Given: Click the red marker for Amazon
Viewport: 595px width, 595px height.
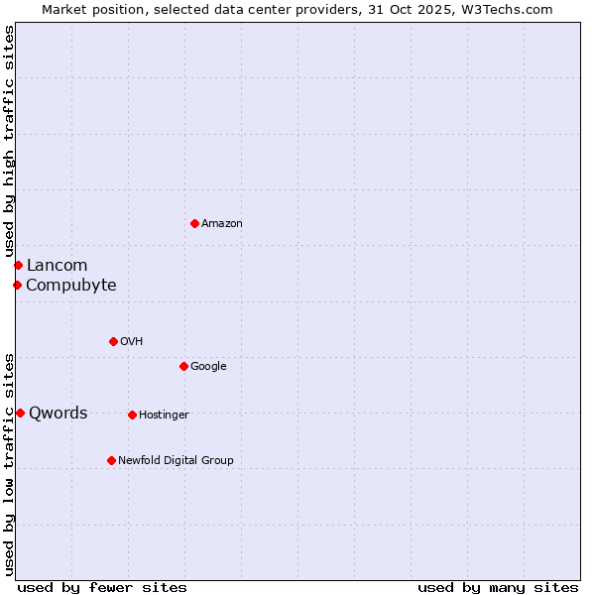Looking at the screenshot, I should (x=194, y=223).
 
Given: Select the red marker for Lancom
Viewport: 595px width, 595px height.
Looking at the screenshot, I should (x=18, y=265).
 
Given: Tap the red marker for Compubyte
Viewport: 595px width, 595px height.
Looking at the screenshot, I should (x=17, y=286).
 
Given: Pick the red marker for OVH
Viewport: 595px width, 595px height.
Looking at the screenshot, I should (x=113, y=341).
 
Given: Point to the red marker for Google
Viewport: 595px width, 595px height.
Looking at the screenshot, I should (x=183, y=366).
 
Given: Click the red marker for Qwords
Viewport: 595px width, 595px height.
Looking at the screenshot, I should (x=20, y=413).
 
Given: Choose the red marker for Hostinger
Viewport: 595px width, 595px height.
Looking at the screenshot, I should (x=132, y=415).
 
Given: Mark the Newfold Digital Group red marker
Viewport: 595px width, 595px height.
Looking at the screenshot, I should (x=111, y=460).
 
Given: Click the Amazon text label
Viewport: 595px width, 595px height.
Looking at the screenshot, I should (x=222, y=224).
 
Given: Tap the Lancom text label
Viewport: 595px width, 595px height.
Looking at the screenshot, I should (x=57, y=265).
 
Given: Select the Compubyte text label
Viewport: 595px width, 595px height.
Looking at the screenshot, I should (x=70, y=286).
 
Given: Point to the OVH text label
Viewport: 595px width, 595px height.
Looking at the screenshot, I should (x=132, y=342).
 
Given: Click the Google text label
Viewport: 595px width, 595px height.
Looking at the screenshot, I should (x=208, y=367).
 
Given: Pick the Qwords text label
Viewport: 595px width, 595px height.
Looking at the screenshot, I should (x=59, y=414).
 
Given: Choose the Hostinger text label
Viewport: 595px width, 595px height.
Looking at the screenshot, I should (x=164, y=415).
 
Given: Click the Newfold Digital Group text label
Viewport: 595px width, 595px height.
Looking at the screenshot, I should (x=176, y=460).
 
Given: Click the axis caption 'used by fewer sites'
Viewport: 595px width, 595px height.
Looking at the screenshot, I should (x=102, y=587).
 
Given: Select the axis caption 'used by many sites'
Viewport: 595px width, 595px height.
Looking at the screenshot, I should (x=498, y=587).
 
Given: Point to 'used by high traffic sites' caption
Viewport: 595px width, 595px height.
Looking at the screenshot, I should (x=9, y=142).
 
